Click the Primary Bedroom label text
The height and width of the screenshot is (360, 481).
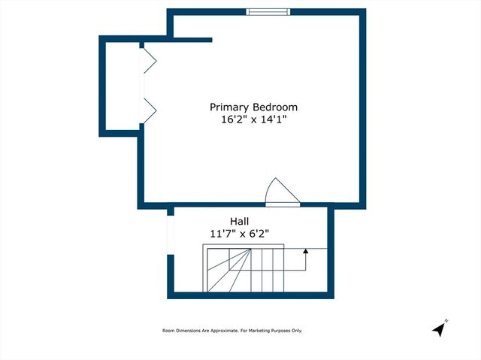click(x=253, y=107)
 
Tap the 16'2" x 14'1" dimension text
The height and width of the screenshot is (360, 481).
click(x=253, y=119)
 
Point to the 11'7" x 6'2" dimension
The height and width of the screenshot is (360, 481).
click(x=240, y=234)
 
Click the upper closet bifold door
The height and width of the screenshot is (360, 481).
click(x=148, y=58)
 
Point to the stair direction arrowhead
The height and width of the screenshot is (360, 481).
click(x=305, y=253)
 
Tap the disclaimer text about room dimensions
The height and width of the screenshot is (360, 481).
click(x=232, y=331)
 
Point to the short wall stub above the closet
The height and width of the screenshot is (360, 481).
click(x=192, y=40)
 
